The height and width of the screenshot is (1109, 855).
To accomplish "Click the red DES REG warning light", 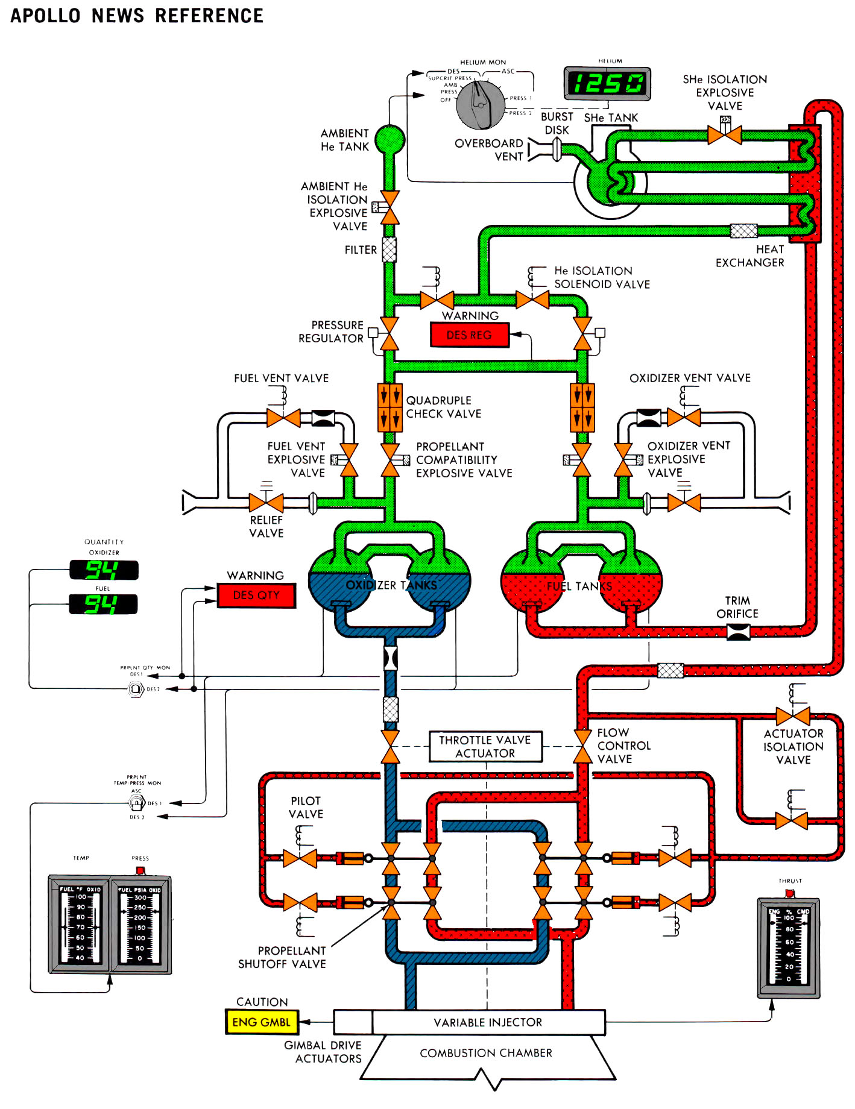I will (x=469, y=335).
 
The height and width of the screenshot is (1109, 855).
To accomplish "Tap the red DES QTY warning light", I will (x=256, y=595).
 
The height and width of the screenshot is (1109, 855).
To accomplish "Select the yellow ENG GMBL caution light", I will (x=261, y=1022).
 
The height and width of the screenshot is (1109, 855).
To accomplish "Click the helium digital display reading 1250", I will (x=607, y=83).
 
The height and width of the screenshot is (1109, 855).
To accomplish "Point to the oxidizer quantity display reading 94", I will (x=104, y=570).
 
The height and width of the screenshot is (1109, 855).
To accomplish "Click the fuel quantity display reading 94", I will (x=103, y=604).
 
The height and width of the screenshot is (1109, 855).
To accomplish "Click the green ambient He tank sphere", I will (x=390, y=139).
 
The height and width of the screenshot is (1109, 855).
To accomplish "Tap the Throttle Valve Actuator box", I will (x=485, y=746).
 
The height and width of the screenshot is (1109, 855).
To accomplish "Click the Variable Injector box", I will (x=488, y=1022).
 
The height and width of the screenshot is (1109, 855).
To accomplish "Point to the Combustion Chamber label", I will (x=486, y=1053).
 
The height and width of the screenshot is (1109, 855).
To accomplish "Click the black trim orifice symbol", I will (x=738, y=632).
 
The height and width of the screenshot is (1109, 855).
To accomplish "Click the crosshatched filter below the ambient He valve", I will (x=390, y=250).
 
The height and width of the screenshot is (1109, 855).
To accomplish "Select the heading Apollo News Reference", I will (x=137, y=16).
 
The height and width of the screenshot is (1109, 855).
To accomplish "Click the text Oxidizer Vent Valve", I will (x=690, y=378).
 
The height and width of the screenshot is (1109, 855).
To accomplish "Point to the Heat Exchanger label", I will (x=749, y=256).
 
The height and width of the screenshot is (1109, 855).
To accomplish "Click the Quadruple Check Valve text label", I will (x=443, y=407).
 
